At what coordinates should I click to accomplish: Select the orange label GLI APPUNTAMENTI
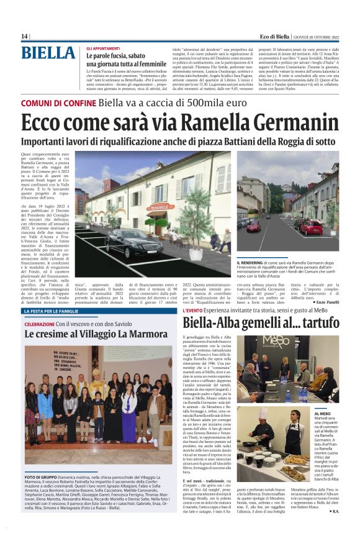(103, 48)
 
